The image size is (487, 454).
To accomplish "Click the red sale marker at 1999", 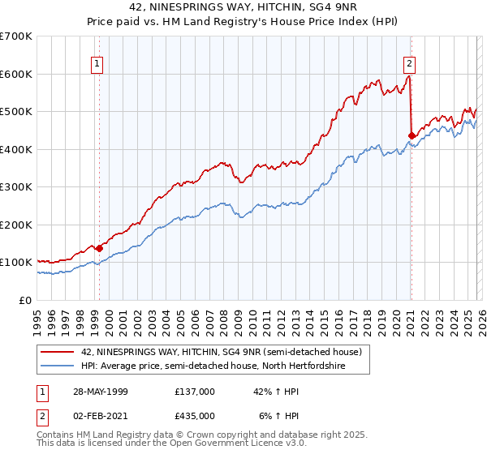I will [x=99, y=248].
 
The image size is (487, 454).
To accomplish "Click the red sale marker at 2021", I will [x=412, y=135].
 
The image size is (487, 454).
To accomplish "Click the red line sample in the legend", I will [x=58, y=351].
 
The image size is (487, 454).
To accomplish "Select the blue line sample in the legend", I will [x=58, y=366].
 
